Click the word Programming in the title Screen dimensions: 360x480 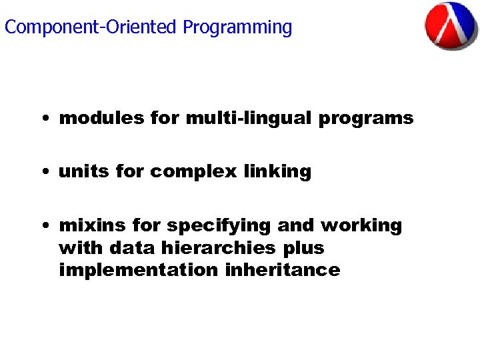(237, 28)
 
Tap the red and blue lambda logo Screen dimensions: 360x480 (451, 25)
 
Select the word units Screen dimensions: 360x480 (84, 171)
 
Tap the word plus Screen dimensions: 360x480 (303, 249)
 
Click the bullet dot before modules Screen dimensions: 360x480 (43, 119)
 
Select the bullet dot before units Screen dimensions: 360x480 (43, 173)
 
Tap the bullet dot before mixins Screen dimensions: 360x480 (43, 226)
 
